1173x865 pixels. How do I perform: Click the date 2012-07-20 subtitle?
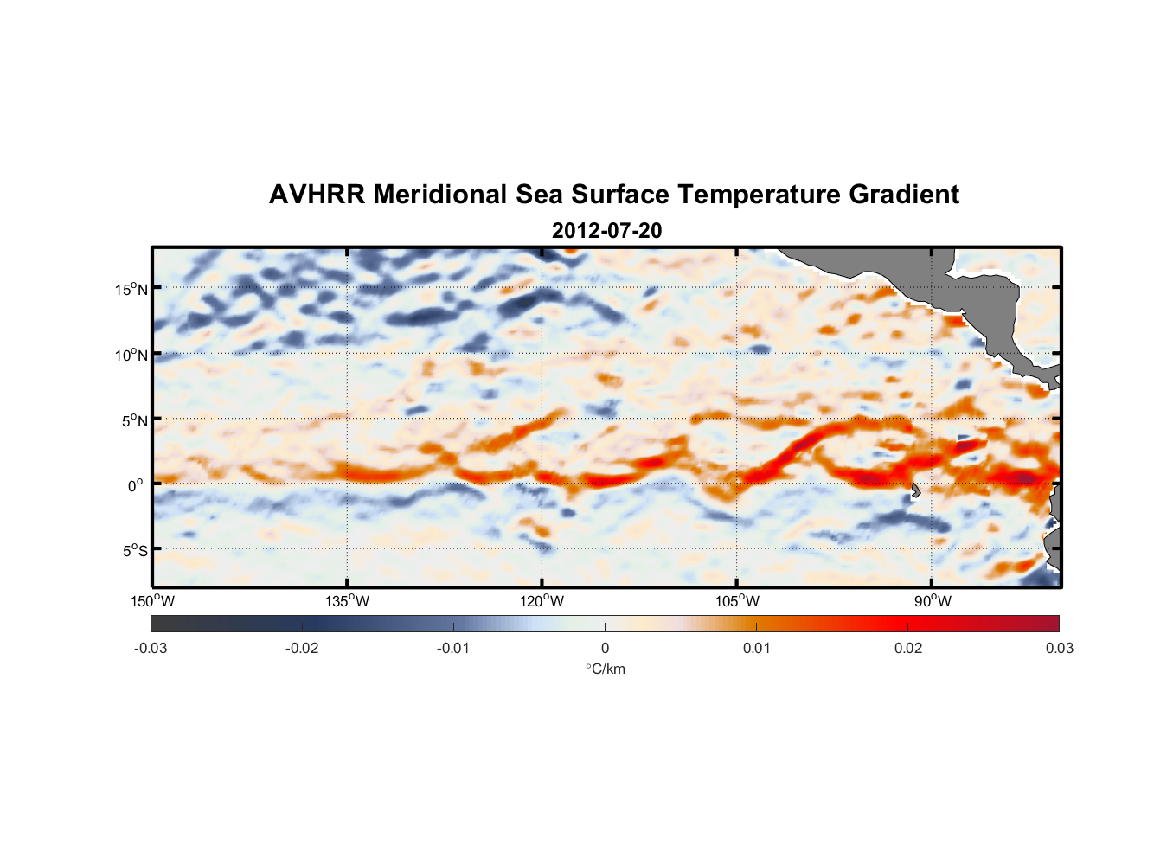[606, 231]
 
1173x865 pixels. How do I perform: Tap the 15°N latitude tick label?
[131, 289]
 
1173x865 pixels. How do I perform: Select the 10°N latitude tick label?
[131, 355]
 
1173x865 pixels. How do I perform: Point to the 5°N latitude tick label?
[134, 420]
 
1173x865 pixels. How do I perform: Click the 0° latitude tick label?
[136, 485]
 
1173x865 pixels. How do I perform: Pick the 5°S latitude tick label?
[134, 551]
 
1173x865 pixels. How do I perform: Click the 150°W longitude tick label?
[153, 601]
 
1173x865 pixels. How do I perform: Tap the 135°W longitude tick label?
[348, 601]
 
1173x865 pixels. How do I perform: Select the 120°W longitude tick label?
[542, 601]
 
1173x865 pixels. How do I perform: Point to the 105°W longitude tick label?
[737, 601]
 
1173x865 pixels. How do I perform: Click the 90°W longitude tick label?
[932, 601]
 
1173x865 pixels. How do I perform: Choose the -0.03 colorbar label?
[151, 649]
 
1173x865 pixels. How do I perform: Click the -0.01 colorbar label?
[453, 649]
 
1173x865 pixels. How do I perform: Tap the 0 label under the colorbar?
[605, 649]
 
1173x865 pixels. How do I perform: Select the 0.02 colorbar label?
[908, 649]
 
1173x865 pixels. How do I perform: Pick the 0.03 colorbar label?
[1059, 649]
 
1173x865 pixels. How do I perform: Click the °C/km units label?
[605, 669]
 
